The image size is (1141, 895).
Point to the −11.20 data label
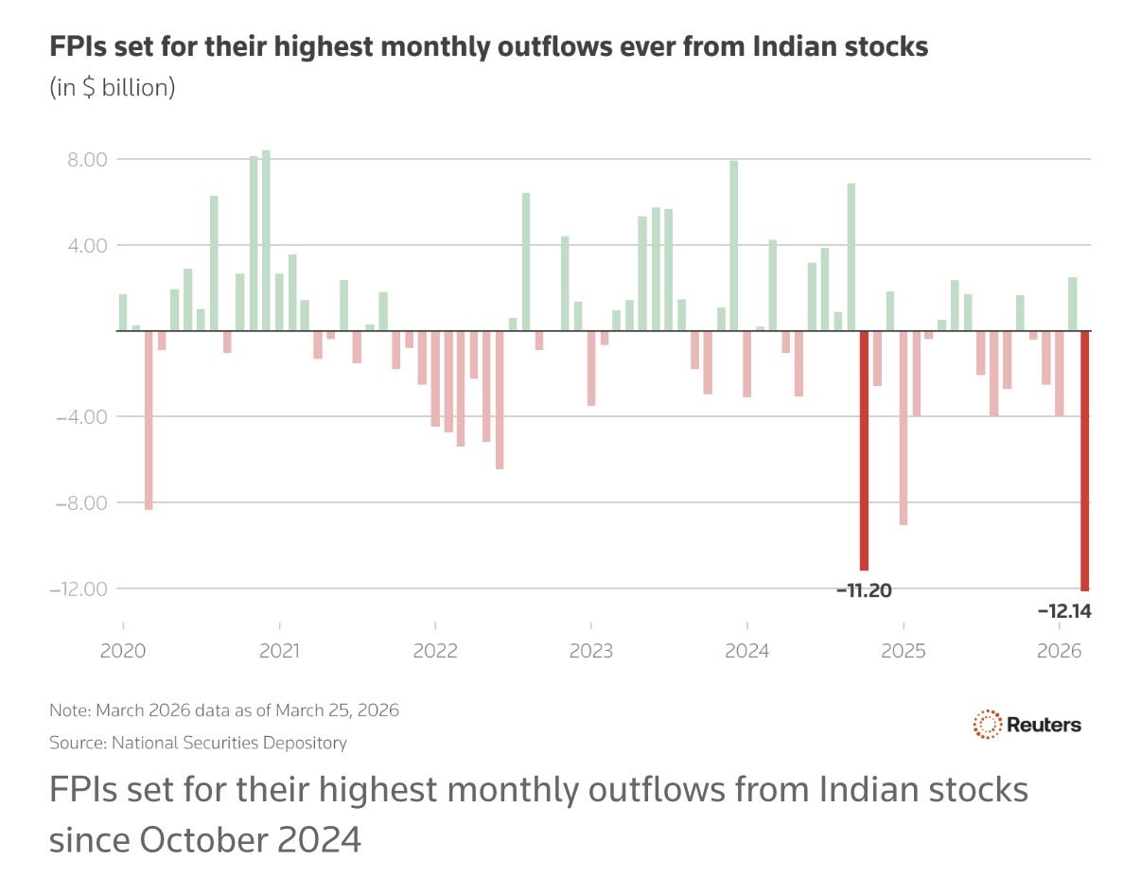click(864, 590)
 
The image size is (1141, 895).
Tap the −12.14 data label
click(1064, 611)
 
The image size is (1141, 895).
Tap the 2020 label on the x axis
click(123, 651)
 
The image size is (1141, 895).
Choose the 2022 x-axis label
click(435, 651)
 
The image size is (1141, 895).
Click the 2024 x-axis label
click(747, 651)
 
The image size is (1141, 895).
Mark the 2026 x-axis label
click(1060, 651)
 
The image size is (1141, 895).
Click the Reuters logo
click(1027, 726)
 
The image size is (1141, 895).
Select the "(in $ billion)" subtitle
click(112, 88)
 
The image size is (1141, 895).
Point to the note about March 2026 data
click(224, 710)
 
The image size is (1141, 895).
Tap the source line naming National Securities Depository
click(198, 743)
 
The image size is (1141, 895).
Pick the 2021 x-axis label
click(279, 651)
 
